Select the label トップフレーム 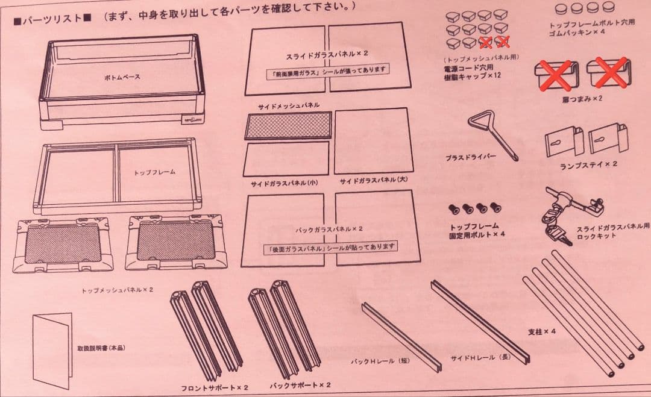click(155, 172)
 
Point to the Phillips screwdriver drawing click(493, 134)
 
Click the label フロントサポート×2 click(215, 386)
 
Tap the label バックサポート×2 click(300, 384)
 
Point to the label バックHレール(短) click(381, 362)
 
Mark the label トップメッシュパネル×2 click(118, 290)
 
